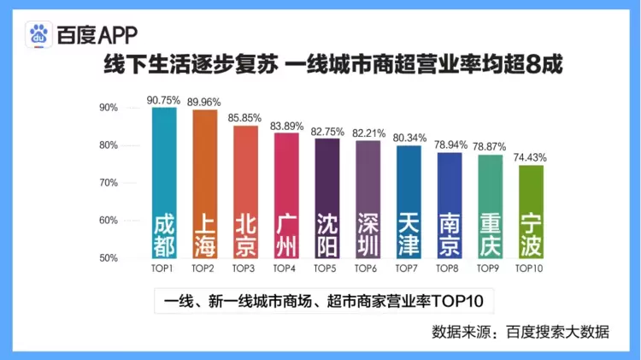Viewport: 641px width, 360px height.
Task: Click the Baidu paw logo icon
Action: tap(38, 35)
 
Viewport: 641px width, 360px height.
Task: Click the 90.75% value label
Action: tap(163, 100)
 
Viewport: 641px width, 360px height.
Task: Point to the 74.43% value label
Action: tap(531, 157)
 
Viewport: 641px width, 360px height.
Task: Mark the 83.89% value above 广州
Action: tap(286, 126)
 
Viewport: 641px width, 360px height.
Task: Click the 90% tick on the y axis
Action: tap(109, 108)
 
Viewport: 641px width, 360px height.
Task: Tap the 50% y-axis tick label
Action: tap(109, 258)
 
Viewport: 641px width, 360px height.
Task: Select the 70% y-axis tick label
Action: tap(109, 183)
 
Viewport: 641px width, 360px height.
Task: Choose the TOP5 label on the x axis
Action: tap(326, 269)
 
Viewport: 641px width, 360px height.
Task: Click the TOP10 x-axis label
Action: tap(531, 269)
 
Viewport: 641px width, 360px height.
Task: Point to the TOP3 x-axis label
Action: tap(244, 269)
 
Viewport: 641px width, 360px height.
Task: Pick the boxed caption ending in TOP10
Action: tap(320, 302)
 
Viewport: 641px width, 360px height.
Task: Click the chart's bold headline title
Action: tap(332, 66)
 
